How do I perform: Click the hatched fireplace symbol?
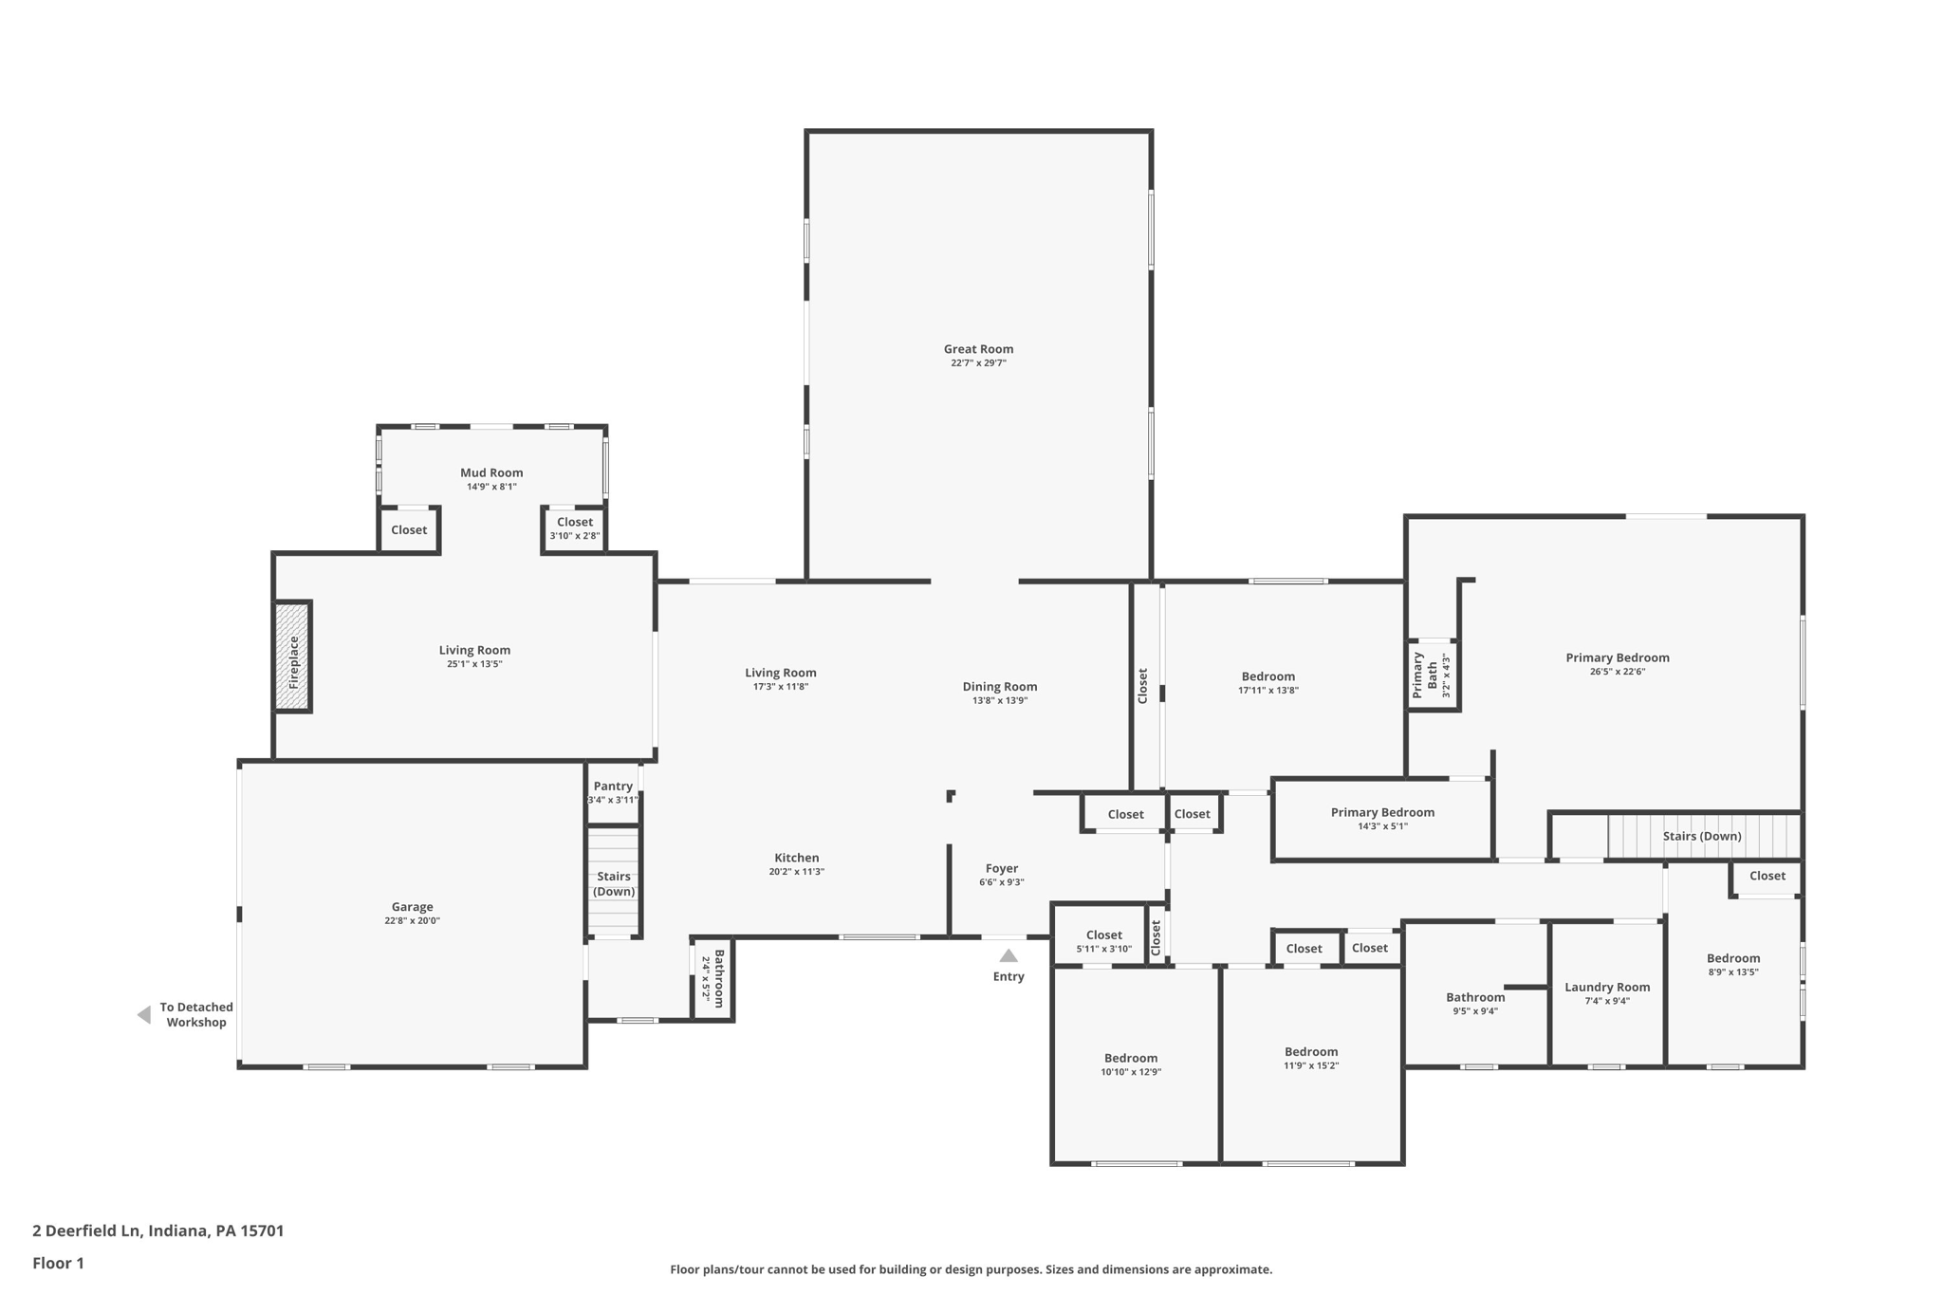[x=293, y=657]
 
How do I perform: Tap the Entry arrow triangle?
[x=1009, y=956]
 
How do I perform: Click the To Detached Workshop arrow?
[x=144, y=1015]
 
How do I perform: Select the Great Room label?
[x=978, y=349]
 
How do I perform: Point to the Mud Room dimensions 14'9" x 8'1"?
[x=491, y=487]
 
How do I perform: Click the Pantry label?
[x=613, y=786]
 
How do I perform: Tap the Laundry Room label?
[x=1607, y=987]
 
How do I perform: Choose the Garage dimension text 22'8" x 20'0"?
[x=412, y=920]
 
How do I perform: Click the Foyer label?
[x=1002, y=868]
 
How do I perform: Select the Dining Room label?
[x=1000, y=687]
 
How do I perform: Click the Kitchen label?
[x=796, y=858]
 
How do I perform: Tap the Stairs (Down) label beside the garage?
[x=614, y=883]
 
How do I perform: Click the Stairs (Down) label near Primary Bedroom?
[x=1702, y=836]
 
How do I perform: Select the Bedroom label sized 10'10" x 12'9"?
[x=1131, y=1058]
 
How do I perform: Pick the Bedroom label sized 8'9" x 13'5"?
[x=1733, y=958]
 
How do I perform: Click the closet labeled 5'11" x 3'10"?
[x=1104, y=935]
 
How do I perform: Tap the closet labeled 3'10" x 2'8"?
[x=575, y=522]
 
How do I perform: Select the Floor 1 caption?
[x=58, y=1263]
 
